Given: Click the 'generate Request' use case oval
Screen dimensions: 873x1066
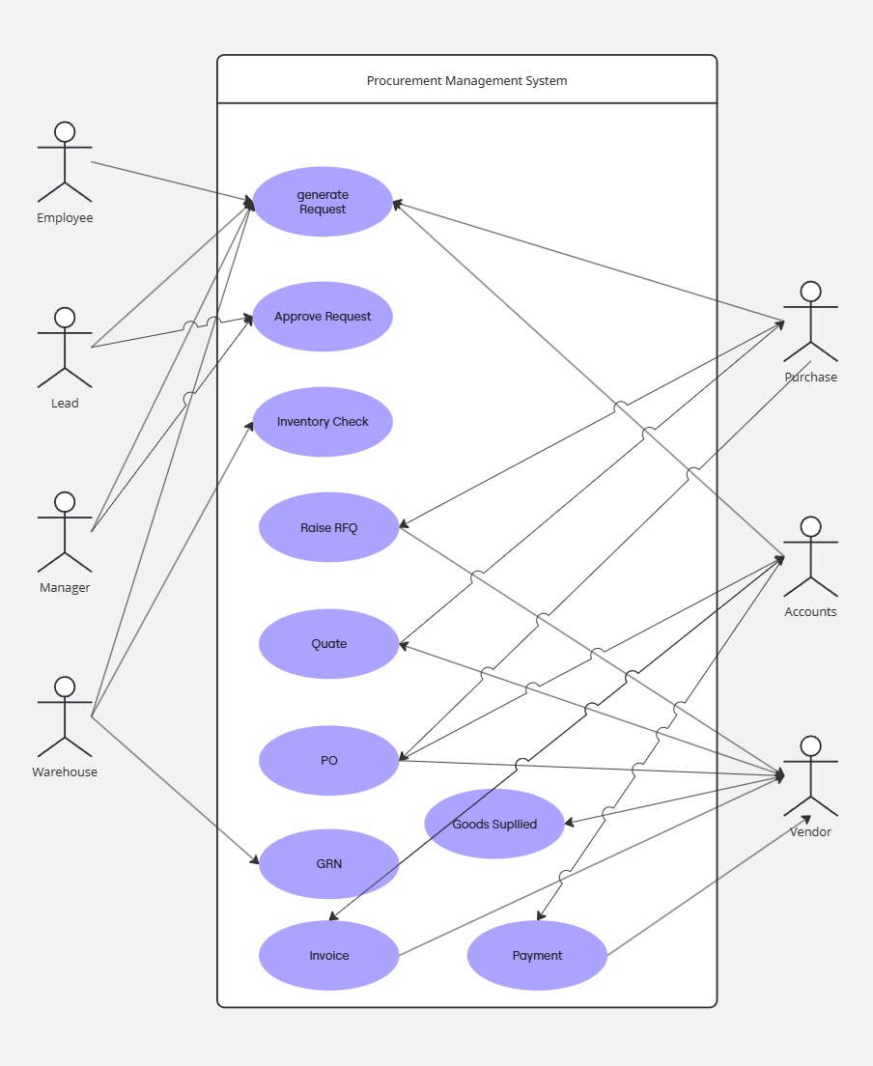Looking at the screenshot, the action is (323, 202).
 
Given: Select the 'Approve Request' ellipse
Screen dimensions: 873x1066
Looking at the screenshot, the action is (323, 317).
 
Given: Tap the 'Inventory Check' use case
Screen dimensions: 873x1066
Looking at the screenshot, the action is (323, 422).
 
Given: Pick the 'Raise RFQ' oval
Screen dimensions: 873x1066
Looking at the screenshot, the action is (328, 527).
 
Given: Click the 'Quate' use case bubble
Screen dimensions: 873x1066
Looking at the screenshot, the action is (328, 644).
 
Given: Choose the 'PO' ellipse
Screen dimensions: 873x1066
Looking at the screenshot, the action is (328, 761).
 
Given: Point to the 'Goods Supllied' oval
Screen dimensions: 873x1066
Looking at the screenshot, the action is (494, 824).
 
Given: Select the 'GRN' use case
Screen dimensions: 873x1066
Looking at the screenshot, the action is (328, 864).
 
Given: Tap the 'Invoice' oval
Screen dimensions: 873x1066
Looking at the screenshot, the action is (328, 956).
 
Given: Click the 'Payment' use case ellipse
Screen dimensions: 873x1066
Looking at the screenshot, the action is (537, 956).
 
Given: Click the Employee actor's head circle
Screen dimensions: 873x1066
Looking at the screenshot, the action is (65, 132).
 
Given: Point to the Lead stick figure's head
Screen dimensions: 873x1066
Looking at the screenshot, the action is (65, 318).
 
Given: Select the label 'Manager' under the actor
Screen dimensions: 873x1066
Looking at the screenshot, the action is (65, 587).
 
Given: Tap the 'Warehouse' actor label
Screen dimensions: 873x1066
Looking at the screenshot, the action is (65, 771).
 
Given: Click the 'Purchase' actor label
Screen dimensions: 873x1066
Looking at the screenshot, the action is (810, 377).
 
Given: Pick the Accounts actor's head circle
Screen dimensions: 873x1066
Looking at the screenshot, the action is (810, 527).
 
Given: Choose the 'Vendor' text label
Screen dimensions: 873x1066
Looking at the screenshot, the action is (810, 831).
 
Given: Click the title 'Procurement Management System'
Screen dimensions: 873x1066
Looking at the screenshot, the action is (466, 80).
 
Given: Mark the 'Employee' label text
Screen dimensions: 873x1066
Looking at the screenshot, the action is (65, 217).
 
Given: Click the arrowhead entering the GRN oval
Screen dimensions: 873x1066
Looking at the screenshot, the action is (254, 859).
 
